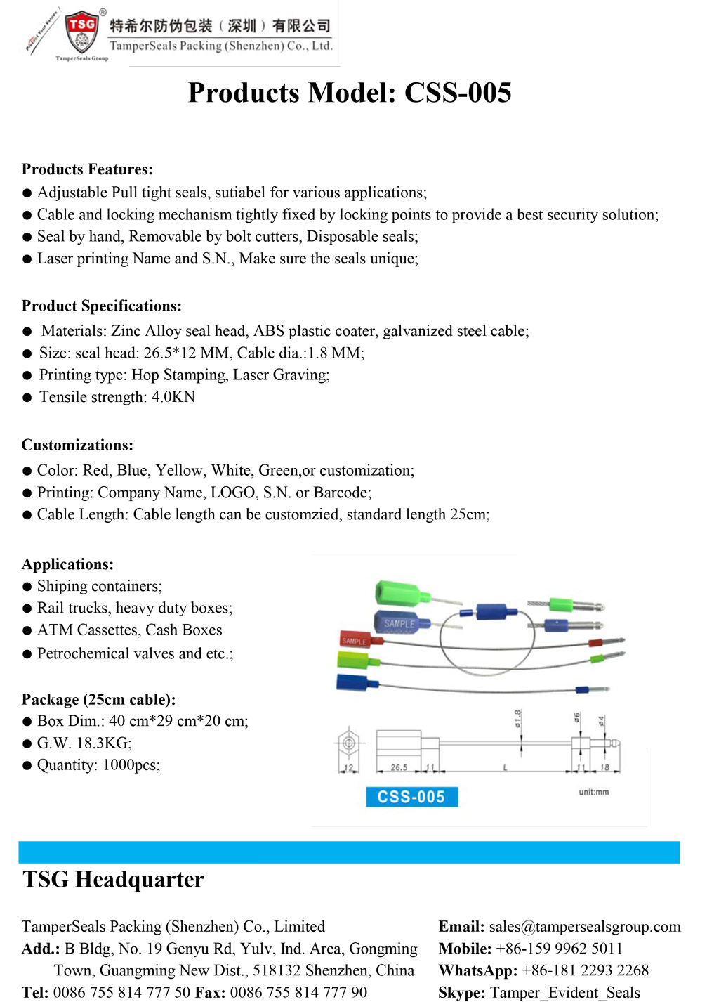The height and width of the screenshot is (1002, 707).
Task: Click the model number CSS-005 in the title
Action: click(x=458, y=93)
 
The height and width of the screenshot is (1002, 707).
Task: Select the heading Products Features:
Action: click(x=87, y=169)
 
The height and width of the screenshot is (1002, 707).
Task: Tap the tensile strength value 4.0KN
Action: click(x=173, y=397)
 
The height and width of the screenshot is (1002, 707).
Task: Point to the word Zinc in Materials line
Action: click(x=126, y=331)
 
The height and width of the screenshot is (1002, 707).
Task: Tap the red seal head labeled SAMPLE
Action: click(x=358, y=639)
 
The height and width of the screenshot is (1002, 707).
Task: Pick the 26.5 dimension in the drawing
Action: click(x=399, y=767)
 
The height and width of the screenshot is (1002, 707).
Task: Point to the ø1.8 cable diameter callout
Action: click(x=518, y=720)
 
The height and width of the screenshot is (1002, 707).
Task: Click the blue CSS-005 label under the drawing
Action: click(x=411, y=797)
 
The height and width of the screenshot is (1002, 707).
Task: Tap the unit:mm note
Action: click(x=593, y=792)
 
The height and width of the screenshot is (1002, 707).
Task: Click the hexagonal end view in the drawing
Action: click(x=349, y=742)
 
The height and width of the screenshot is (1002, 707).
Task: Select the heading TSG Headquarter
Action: click(x=114, y=880)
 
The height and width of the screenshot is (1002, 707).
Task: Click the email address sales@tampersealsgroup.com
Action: click(x=585, y=927)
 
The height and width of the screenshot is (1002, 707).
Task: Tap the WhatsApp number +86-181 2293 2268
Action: click(x=585, y=970)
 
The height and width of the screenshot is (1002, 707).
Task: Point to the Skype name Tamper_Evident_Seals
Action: click(x=564, y=993)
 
